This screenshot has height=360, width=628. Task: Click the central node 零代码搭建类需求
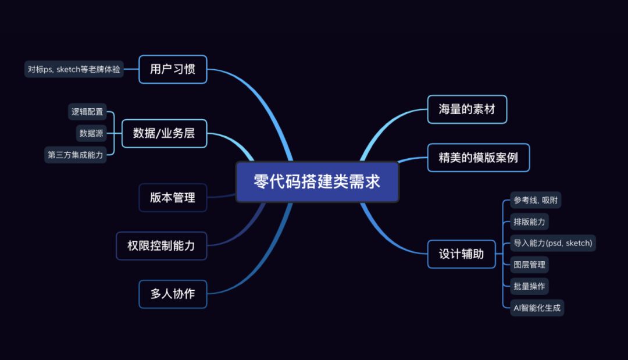(317, 182)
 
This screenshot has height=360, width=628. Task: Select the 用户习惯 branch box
(173, 69)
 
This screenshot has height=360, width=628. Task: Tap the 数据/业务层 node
(164, 133)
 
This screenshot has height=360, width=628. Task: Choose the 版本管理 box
(173, 198)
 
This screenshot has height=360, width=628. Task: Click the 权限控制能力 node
(161, 245)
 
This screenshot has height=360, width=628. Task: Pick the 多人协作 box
(173, 294)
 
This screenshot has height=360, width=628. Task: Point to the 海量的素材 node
(467, 109)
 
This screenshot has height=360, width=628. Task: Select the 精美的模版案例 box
(478, 157)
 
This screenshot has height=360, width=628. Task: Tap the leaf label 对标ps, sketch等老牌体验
(74, 69)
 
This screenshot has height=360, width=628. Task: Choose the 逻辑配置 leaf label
(87, 112)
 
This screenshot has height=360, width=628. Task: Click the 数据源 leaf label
(91, 133)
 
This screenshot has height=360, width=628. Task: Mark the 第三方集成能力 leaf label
(75, 155)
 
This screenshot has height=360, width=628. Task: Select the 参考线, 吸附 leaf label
(537, 201)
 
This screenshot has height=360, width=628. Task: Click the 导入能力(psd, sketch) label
(552, 243)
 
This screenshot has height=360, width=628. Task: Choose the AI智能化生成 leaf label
(536, 308)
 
